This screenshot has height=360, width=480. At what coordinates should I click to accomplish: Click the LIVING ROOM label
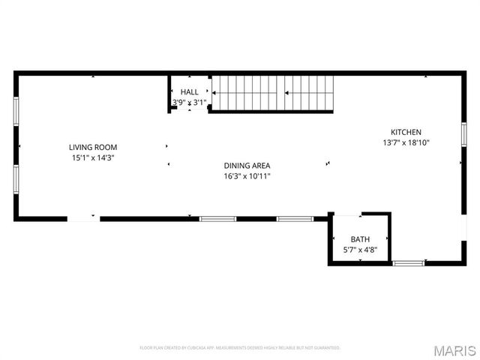click(x=93, y=147)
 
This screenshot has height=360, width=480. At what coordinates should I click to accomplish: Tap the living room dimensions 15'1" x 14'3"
click(x=93, y=158)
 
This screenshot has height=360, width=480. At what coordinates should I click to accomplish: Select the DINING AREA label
click(x=247, y=166)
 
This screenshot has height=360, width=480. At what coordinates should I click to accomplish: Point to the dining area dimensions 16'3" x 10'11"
click(x=247, y=176)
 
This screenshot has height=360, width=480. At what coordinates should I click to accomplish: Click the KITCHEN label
click(x=406, y=131)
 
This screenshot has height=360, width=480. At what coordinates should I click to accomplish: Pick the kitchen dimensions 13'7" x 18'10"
click(x=406, y=142)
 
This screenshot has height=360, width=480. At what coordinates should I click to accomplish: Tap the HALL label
click(x=189, y=91)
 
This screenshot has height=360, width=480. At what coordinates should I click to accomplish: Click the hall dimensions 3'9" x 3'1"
click(x=189, y=102)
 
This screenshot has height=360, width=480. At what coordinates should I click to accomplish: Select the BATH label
click(x=360, y=240)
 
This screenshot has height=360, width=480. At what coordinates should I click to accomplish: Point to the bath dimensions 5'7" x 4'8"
click(x=360, y=250)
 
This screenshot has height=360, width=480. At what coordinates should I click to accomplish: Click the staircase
click(x=271, y=93)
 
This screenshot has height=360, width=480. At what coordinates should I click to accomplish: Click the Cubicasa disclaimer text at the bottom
click(x=240, y=348)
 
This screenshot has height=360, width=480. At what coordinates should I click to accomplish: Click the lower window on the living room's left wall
click(x=16, y=178)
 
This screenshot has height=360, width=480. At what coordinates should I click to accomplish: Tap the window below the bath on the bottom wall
click(x=409, y=263)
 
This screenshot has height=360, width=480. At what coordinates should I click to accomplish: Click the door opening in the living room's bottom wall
click(x=83, y=219)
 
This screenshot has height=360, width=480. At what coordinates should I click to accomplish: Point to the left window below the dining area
click(x=217, y=219)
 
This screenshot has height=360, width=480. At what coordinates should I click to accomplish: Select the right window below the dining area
click(x=295, y=219)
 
